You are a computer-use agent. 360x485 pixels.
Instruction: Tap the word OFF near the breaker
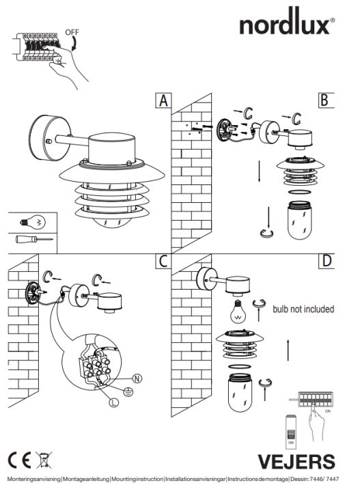point(72,32)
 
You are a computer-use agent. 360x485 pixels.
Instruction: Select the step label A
point(163,100)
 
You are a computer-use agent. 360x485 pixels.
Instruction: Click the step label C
point(163,261)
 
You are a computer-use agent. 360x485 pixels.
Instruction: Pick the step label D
point(327,261)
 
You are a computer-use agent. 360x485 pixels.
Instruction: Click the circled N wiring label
point(137,378)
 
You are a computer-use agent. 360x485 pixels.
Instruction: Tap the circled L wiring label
point(114,402)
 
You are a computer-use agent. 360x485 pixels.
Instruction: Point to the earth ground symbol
point(128,392)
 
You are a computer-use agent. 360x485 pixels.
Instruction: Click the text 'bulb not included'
point(303,309)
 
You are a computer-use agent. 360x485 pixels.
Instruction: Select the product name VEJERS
point(296,462)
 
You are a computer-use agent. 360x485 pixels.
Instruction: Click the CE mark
point(20,460)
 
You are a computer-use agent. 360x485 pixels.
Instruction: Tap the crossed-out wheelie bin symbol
point(44,460)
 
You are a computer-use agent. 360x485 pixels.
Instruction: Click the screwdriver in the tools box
point(34,239)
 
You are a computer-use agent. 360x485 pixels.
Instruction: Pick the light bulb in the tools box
point(33,222)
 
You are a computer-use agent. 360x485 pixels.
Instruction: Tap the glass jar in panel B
point(300,220)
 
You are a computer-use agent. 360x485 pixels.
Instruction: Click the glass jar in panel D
point(240,393)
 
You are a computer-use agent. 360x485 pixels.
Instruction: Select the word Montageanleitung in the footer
point(86,479)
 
